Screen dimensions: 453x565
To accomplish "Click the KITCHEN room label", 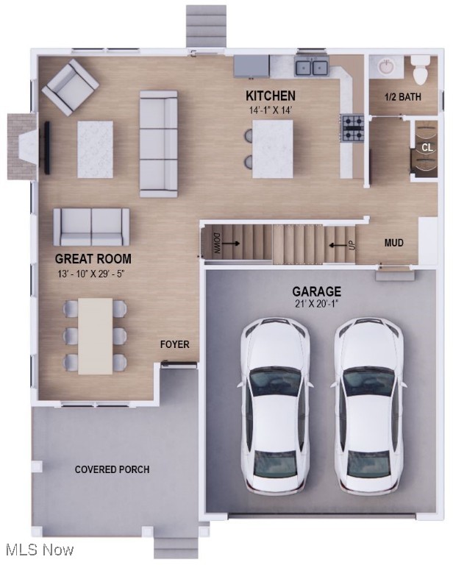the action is point(271,96).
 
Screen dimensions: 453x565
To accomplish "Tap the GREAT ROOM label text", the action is point(93,259).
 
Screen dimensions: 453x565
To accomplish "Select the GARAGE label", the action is point(316,291).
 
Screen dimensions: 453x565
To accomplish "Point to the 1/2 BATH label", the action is point(402,96).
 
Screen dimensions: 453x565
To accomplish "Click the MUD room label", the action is point(394,243).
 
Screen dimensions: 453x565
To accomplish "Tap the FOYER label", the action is point(174,344).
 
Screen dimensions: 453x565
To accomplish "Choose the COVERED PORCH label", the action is point(112,469).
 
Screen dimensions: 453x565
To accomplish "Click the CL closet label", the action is point(427,147).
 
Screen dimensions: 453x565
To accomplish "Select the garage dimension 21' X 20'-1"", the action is point(316,304).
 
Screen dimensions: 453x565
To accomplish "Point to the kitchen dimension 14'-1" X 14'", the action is point(270,110).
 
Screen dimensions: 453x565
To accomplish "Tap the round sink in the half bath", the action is point(385,66).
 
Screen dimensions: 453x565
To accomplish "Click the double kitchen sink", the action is point(312,67).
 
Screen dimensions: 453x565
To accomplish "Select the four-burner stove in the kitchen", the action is point(352,128).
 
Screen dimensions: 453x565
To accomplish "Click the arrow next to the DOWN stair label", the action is point(230,244).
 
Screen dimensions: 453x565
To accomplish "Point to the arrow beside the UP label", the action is point(338,246).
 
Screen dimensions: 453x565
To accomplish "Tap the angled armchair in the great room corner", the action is point(71,88).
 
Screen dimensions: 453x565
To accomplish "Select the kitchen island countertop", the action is point(273,149).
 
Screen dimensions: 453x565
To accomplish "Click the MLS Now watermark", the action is point(40,550).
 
